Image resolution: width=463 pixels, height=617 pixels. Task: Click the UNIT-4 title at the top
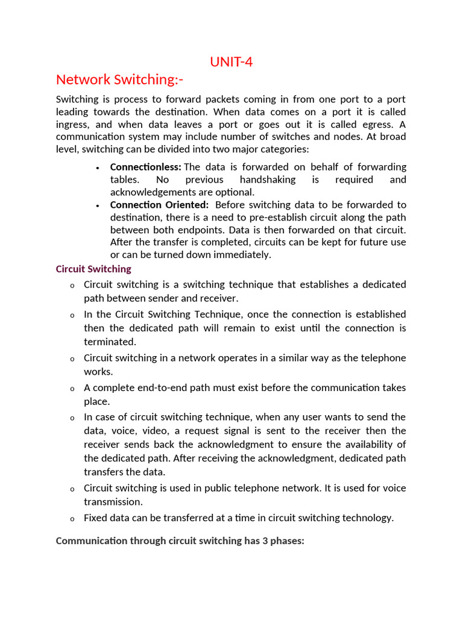pyautogui.click(x=231, y=62)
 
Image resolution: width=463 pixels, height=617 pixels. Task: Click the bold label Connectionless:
pyautogui.click(x=145, y=167)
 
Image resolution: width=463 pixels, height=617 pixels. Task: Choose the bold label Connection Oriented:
pyautogui.click(x=159, y=205)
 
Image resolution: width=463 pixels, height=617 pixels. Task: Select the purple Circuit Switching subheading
pyautogui.click(x=93, y=269)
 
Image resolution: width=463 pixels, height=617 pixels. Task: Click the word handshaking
pyautogui.click(x=268, y=180)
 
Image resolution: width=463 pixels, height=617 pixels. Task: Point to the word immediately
pyautogui.click(x=240, y=255)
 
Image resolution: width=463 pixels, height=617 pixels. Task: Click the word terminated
pyautogui.click(x=107, y=342)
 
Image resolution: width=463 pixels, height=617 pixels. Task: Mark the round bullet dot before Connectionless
pyautogui.click(x=97, y=168)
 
